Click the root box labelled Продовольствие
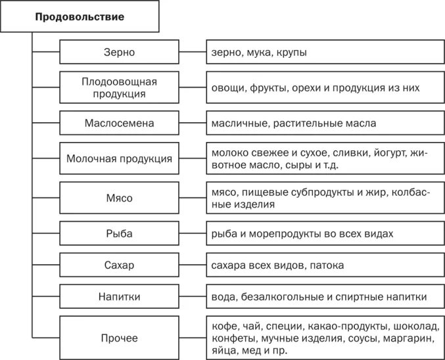tap(79, 17)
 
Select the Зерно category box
tap(119, 52)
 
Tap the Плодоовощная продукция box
tap(119, 87)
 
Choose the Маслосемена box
tap(119, 123)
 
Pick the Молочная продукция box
tap(119, 158)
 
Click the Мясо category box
tap(119, 198)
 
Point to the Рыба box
tap(119, 233)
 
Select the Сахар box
tap(119, 265)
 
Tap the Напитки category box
tap(119, 297)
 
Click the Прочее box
tap(119, 338)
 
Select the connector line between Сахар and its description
tap(191, 265)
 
